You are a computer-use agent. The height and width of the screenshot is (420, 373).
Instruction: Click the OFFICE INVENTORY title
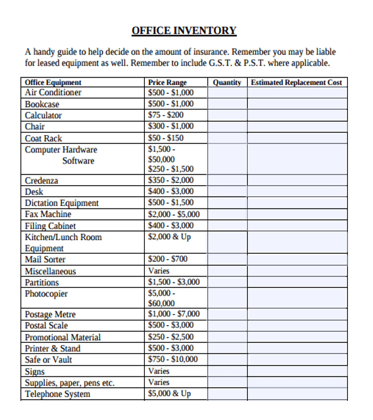184,30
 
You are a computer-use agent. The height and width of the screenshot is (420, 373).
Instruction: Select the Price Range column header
167,82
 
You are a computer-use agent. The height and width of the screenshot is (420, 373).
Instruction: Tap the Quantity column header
227,82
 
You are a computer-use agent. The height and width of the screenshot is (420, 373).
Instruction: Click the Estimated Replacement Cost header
296,82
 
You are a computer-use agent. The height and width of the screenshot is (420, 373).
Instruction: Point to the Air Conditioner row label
53,93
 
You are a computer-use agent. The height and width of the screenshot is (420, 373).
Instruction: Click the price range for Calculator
166,115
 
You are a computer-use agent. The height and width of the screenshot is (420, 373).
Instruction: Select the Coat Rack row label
44,138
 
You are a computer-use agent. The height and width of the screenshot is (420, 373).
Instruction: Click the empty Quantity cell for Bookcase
227,104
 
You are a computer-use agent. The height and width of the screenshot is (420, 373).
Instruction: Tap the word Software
78,161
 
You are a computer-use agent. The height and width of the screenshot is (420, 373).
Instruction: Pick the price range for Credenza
171,180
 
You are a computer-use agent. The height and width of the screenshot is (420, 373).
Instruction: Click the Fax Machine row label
48,214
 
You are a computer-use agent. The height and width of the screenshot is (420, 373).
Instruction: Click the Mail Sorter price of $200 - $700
168,259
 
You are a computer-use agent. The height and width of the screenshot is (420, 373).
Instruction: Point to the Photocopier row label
46,293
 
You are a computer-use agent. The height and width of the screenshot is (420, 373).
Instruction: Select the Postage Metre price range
174,314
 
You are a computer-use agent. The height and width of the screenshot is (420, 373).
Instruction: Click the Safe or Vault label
48,360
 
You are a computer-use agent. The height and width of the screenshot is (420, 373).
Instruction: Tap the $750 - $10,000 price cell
172,359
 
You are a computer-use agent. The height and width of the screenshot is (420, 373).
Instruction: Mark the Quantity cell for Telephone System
227,394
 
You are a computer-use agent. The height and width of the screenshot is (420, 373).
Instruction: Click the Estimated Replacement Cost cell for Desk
297,191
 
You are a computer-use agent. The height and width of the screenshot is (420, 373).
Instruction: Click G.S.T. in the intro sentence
225,63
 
